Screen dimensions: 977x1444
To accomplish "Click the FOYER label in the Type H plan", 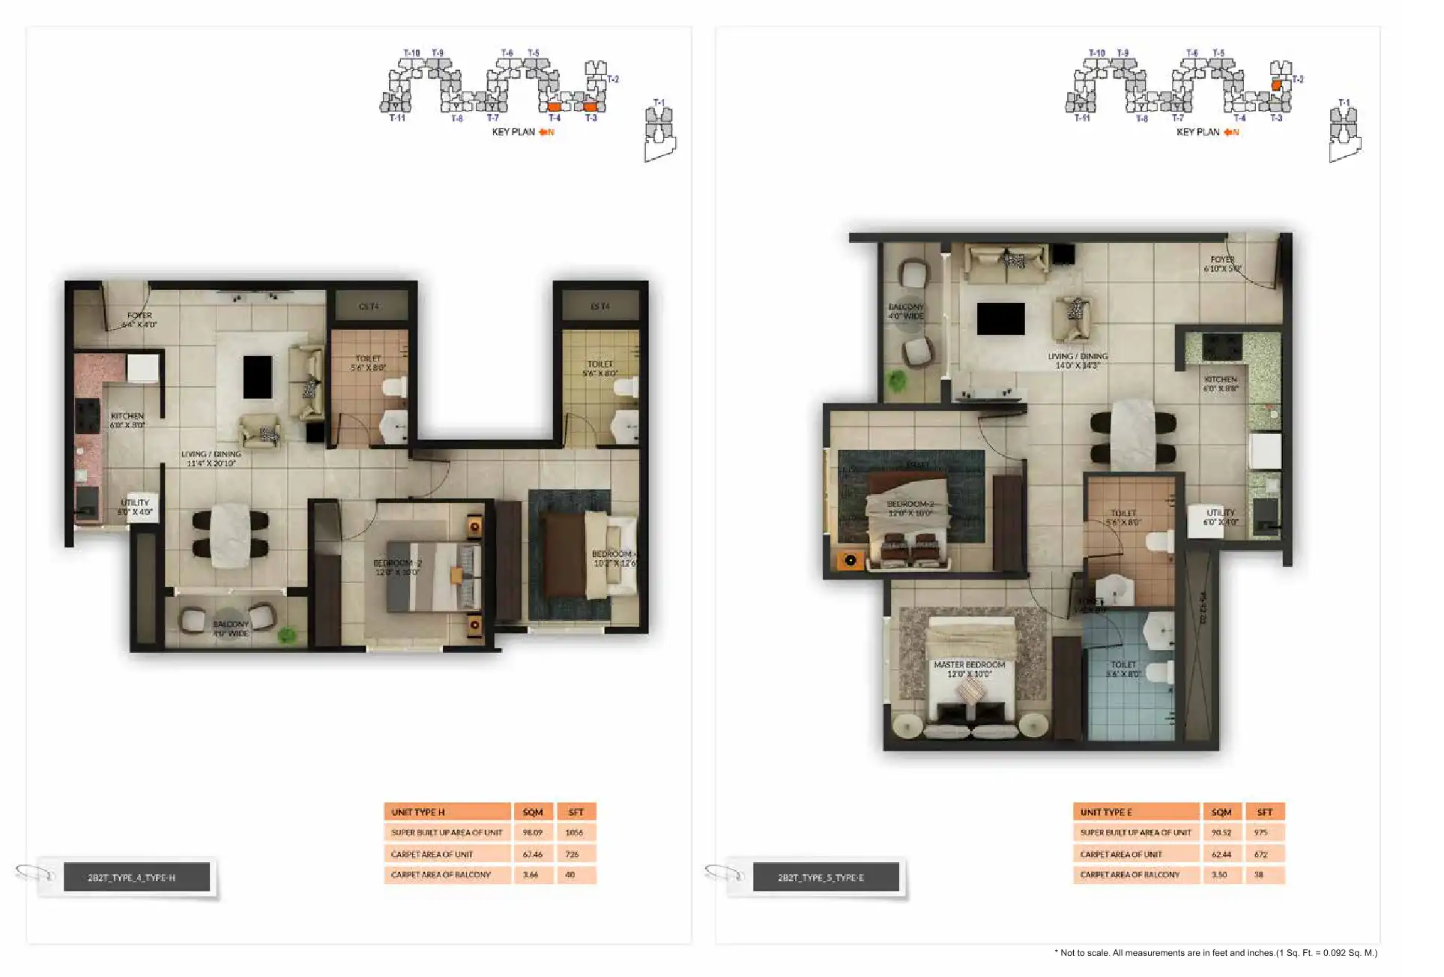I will click(x=139, y=320).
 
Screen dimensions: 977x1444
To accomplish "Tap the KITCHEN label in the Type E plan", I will click(x=1220, y=384).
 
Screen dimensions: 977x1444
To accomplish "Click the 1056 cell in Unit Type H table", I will click(x=575, y=832).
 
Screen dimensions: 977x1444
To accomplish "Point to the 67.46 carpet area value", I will click(x=533, y=854).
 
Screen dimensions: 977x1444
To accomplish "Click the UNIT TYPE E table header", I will click(x=1135, y=812).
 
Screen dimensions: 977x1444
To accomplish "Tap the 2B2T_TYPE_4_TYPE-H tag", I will click(x=132, y=877).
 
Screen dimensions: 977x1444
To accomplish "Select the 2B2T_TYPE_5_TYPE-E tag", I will click(x=821, y=877).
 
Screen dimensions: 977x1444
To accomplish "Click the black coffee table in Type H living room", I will click(x=257, y=377).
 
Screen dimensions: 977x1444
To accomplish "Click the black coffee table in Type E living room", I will click(x=1000, y=319).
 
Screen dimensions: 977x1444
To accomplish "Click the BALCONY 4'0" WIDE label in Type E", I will click(x=906, y=311).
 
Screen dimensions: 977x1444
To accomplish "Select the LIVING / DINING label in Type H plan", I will click(x=211, y=458).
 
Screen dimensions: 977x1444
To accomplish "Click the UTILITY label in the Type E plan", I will click(x=1221, y=517).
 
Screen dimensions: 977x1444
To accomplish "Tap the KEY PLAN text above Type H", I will click(x=513, y=132).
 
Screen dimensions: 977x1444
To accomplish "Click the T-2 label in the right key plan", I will click(x=1298, y=79).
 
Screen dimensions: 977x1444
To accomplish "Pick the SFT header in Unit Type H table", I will click(x=576, y=812).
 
